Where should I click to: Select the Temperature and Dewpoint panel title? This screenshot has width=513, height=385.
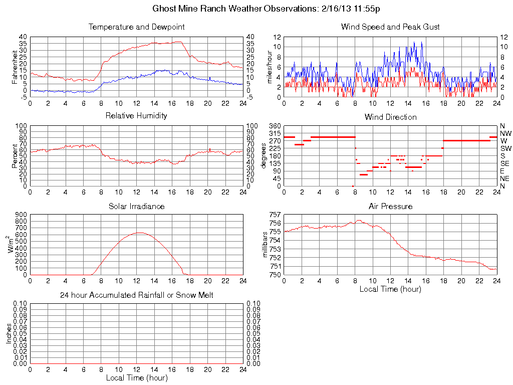click(136, 27)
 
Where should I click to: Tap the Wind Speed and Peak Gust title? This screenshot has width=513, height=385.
click(390, 27)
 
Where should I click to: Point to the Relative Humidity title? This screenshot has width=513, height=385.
click(136, 116)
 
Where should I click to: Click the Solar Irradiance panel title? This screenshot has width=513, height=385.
click(136, 206)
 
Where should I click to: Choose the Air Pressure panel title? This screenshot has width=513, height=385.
click(390, 206)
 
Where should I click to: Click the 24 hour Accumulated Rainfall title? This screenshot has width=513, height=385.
click(136, 295)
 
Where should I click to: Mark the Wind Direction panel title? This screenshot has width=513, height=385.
click(390, 117)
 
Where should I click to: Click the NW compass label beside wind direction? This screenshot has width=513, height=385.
click(505, 133)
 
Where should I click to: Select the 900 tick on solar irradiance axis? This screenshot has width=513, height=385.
click(21, 215)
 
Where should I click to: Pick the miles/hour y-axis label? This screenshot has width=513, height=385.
click(270, 67)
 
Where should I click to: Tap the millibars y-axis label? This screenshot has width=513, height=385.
click(266, 245)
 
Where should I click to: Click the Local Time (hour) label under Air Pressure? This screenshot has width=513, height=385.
click(390, 289)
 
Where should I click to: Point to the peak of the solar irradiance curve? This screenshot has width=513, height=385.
click(139, 233)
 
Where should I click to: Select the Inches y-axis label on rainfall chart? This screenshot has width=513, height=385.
click(9, 333)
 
